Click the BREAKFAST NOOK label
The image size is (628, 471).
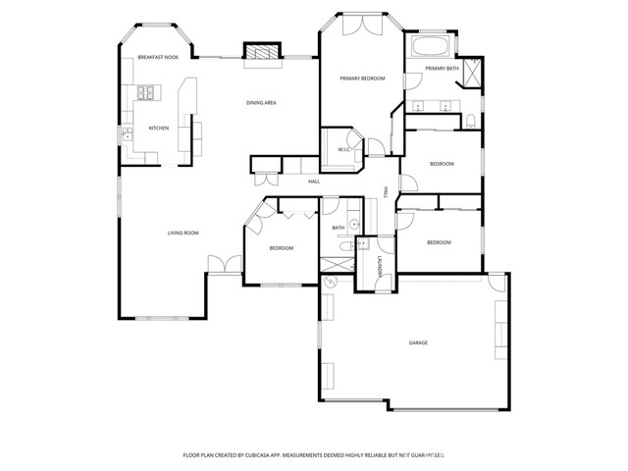(157, 58)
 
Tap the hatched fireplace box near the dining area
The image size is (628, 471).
(260, 53)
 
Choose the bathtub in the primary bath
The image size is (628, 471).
(428, 46)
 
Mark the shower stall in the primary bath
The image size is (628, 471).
(471, 75)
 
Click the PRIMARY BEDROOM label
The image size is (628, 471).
(362, 78)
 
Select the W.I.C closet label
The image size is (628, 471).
(344, 149)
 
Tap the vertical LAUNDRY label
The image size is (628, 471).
(380, 265)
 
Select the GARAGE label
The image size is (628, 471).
(418, 342)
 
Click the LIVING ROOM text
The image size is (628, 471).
(183, 233)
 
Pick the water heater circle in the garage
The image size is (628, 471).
(331, 283)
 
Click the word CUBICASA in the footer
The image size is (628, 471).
(265, 455)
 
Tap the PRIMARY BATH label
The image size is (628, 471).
(442, 68)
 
